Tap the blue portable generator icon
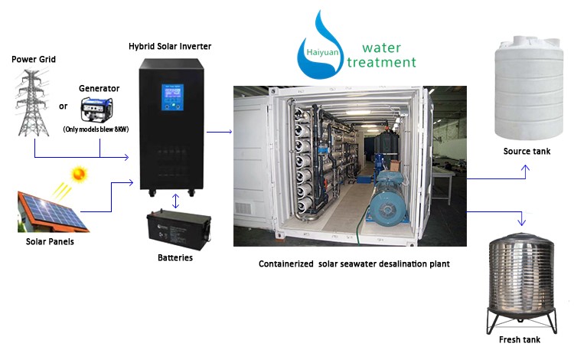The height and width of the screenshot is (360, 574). coord(96,109)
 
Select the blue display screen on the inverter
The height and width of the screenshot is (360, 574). coord(172,97)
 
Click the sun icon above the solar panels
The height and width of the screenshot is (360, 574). coord(79,174)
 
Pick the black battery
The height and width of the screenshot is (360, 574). coord(178,230)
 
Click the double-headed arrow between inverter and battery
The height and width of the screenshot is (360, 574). coord(176,201)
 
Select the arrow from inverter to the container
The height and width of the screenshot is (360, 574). coord(220,132)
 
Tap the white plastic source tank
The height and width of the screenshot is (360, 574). coord(529,87)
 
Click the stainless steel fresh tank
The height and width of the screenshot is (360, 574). coord(521,283)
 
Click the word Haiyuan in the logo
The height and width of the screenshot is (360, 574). coord(322,52)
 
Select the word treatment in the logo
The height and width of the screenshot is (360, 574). coord(381,62)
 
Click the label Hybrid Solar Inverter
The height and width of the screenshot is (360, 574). coord(170,47)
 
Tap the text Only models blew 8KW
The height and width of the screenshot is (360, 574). coord(96,129)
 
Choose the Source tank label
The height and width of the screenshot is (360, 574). coord(527,151)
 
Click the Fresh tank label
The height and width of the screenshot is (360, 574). coord(520,340)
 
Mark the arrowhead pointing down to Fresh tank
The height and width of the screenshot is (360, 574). coord(522,222)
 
